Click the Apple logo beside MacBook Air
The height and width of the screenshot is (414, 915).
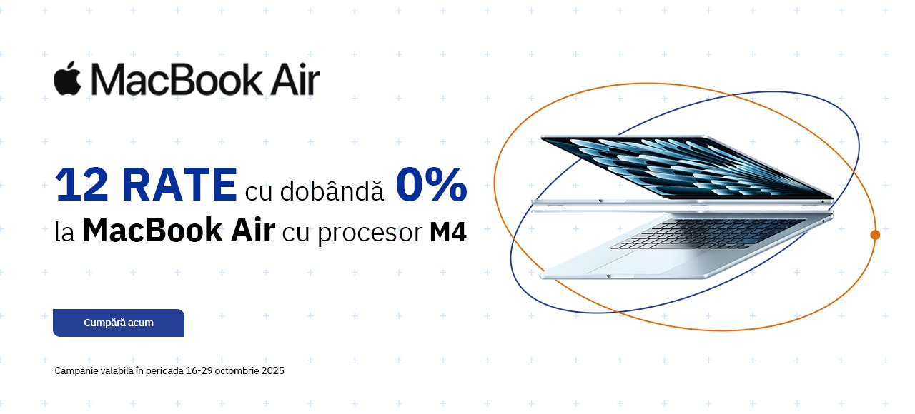point(67,79)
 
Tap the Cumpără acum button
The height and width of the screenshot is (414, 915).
point(119,323)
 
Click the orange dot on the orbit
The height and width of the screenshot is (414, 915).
point(874,235)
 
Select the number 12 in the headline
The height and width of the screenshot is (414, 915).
point(81,185)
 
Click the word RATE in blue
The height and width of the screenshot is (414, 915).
point(179,185)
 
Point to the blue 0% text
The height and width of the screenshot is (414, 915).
point(431,184)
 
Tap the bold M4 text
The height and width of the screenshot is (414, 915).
point(447,232)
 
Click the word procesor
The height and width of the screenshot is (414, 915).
point(370,233)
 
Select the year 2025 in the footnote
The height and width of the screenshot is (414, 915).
point(273,370)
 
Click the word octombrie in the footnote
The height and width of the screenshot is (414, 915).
point(237,370)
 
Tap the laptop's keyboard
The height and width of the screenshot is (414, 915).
point(707,233)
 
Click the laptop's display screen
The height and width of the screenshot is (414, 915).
point(686,167)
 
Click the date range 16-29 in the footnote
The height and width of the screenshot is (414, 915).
point(199,370)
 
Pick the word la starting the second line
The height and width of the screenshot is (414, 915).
point(64,232)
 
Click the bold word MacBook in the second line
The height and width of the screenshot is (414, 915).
point(152,231)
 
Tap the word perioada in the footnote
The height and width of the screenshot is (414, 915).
point(164,371)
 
